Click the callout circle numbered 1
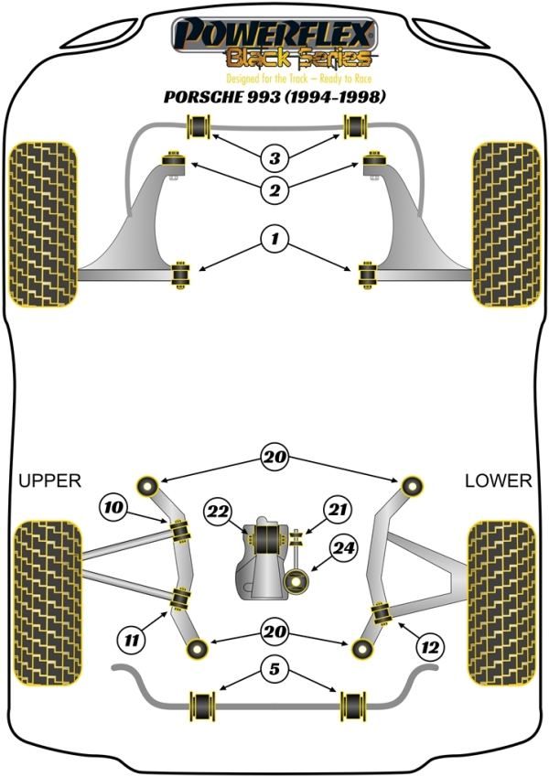pos(274,241)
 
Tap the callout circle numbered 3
pos(274,158)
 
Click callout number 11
pos(133,641)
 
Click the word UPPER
pos(50,480)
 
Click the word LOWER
pos(498,480)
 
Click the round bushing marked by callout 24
pos(297,580)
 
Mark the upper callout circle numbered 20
pos(274,455)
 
